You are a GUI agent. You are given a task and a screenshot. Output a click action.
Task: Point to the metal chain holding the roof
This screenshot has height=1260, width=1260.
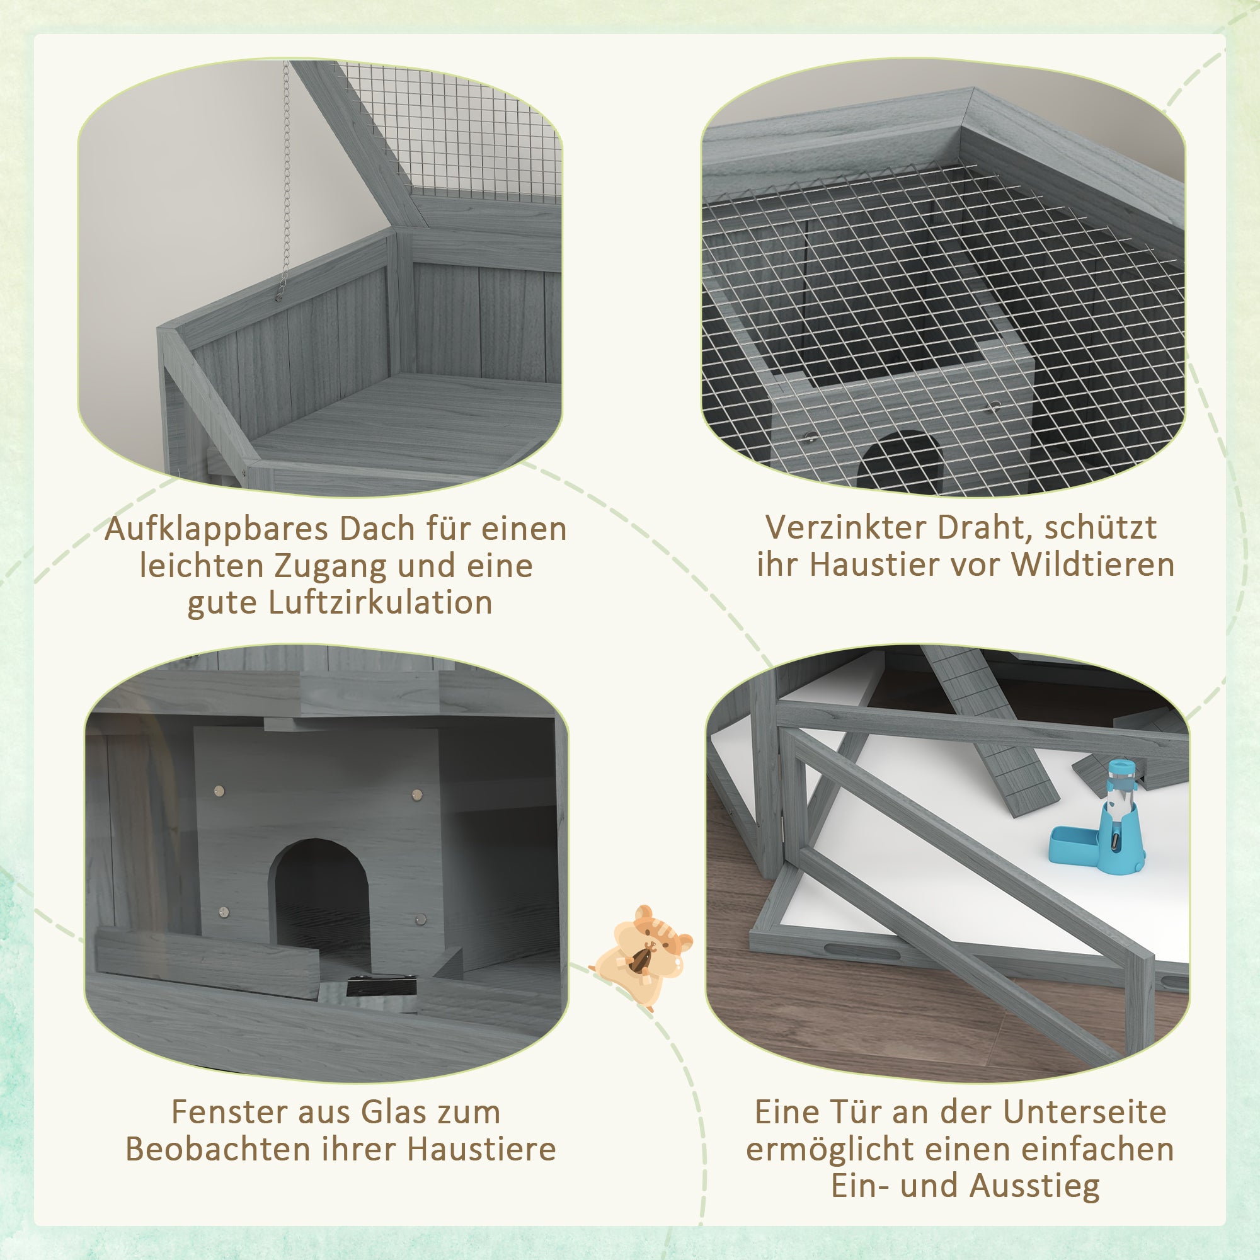pyautogui.click(x=285, y=176)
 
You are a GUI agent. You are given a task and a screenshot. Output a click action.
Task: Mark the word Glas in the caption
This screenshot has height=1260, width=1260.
pyautogui.click(x=389, y=1112)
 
